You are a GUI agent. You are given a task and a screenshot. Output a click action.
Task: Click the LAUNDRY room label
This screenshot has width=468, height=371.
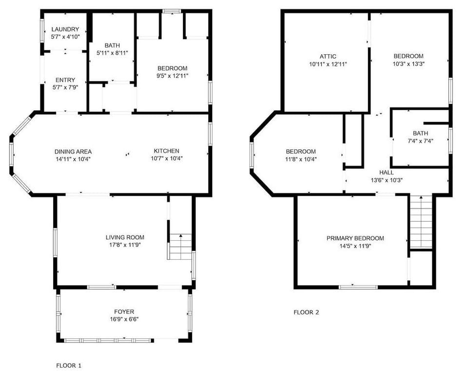[x=65, y=29]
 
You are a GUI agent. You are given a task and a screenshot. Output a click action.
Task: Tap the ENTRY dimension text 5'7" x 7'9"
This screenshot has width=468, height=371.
[x=65, y=87]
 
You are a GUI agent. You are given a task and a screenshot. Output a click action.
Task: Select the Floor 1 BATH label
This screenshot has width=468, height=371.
[x=112, y=45]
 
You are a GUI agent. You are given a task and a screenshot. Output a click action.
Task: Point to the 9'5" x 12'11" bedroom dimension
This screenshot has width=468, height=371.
[x=172, y=76]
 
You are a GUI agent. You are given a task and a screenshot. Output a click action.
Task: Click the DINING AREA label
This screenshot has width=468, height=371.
[x=73, y=151]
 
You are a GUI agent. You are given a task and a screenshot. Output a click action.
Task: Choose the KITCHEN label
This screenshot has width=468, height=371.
[x=166, y=151]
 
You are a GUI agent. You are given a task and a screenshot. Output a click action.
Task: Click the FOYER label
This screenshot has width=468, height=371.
[x=124, y=311]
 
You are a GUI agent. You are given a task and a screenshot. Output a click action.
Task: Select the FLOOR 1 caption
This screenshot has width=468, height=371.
[x=69, y=365]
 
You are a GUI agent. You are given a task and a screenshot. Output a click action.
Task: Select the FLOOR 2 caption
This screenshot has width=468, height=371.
[x=306, y=312]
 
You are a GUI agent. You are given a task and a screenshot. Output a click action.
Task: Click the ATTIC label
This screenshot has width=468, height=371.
[x=328, y=57]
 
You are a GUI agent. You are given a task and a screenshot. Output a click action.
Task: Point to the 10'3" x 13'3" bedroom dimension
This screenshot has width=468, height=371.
[x=409, y=63]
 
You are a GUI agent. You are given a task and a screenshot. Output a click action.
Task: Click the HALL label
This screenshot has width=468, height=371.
[x=386, y=172]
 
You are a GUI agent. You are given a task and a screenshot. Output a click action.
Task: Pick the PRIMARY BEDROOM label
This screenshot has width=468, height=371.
[x=355, y=238]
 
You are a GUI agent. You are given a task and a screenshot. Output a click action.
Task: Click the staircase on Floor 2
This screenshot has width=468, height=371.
[x=421, y=222]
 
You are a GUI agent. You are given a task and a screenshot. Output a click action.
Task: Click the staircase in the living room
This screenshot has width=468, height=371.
[x=180, y=247]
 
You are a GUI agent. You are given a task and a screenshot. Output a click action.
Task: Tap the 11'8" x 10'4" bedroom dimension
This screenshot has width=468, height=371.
[x=300, y=159]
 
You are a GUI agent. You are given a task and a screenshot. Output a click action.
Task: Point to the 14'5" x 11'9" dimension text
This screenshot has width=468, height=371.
[x=355, y=246]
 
